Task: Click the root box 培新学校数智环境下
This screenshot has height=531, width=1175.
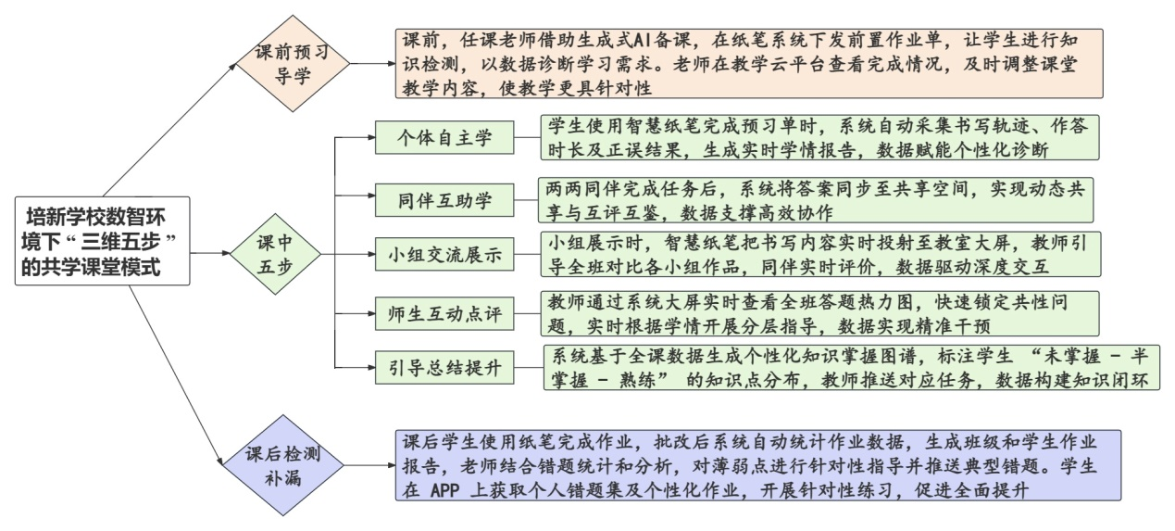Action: click(x=102, y=240)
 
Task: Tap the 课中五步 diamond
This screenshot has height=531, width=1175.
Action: click(x=276, y=253)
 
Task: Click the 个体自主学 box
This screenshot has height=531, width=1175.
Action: click(x=444, y=138)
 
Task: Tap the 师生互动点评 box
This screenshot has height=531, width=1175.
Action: click(x=444, y=312)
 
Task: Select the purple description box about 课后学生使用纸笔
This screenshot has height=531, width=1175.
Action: click(x=756, y=464)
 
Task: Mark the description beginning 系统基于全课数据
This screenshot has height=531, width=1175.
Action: click(x=850, y=368)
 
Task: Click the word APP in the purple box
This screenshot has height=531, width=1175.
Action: click(x=451, y=490)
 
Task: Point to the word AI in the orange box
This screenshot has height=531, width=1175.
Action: click(x=644, y=40)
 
